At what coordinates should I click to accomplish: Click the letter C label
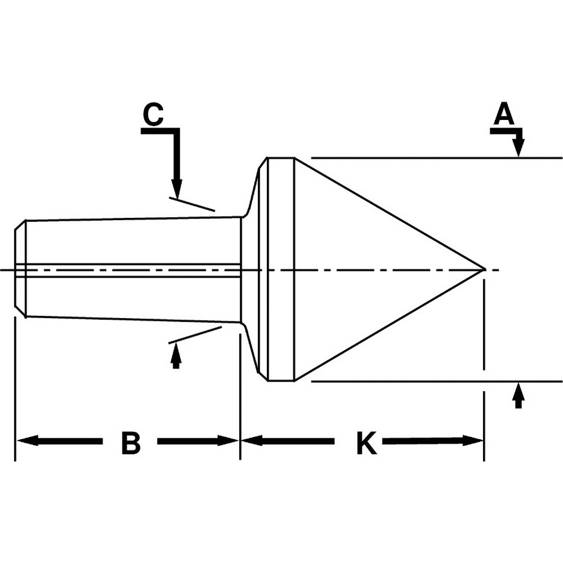pos(153,115)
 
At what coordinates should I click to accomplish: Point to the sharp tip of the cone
pos(484,270)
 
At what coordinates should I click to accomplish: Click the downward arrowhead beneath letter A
pos(519,149)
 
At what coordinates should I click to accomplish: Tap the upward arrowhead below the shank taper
pos(176,352)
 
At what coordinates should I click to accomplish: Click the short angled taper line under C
pos(192,204)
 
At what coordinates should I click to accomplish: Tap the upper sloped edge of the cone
pos(388,214)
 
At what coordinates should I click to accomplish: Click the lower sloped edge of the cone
pos(388,325)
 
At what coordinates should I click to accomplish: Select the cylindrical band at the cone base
pos(281,269)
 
